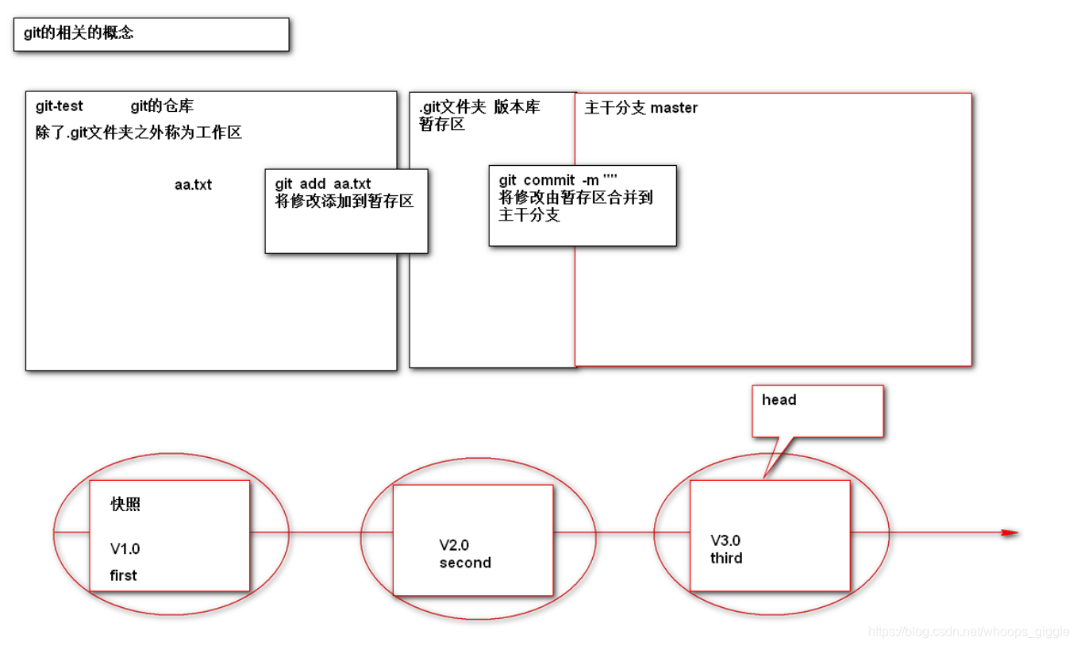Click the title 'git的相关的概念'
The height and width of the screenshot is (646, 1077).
pyautogui.click(x=79, y=34)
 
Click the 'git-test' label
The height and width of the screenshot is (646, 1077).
pyautogui.click(x=60, y=106)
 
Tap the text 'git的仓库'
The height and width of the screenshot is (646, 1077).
pyautogui.click(x=162, y=106)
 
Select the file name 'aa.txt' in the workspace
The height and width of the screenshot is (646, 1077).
pyautogui.click(x=193, y=185)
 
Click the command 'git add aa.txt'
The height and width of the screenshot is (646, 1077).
pyautogui.click(x=323, y=184)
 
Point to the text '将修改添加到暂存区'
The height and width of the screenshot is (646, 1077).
pyautogui.click(x=344, y=201)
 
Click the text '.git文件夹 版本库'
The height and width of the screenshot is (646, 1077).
pyautogui.click(x=479, y=107)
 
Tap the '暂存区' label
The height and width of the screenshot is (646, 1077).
pyautogui.click(x=442, y=125)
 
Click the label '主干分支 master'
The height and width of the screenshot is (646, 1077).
pyautogui.click(x=640, y=108)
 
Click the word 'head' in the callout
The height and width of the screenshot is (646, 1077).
pyautogui.click(x=779, y=400)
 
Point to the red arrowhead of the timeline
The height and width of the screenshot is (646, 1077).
pyautogui.click(x=1009, y=533)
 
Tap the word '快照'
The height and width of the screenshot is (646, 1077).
pyautogui.click(x=125, y=505)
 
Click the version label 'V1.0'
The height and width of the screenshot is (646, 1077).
pyautogui.click(x=125, y=548)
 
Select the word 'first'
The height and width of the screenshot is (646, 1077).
pyautogui.click(x=123, y=575)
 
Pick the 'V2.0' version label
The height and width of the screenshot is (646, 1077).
pyautogui.click(x=454, y=545)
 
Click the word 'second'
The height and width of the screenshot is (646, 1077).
pyautogui.click(x=465, y=563)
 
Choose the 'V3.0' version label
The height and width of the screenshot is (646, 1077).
pyautogui.click(x=725, y=541)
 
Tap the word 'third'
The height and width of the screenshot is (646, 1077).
pyautogui.click(x=726, y=558)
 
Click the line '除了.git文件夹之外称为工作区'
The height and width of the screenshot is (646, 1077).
pyautogui.click(x=139, y=133)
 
